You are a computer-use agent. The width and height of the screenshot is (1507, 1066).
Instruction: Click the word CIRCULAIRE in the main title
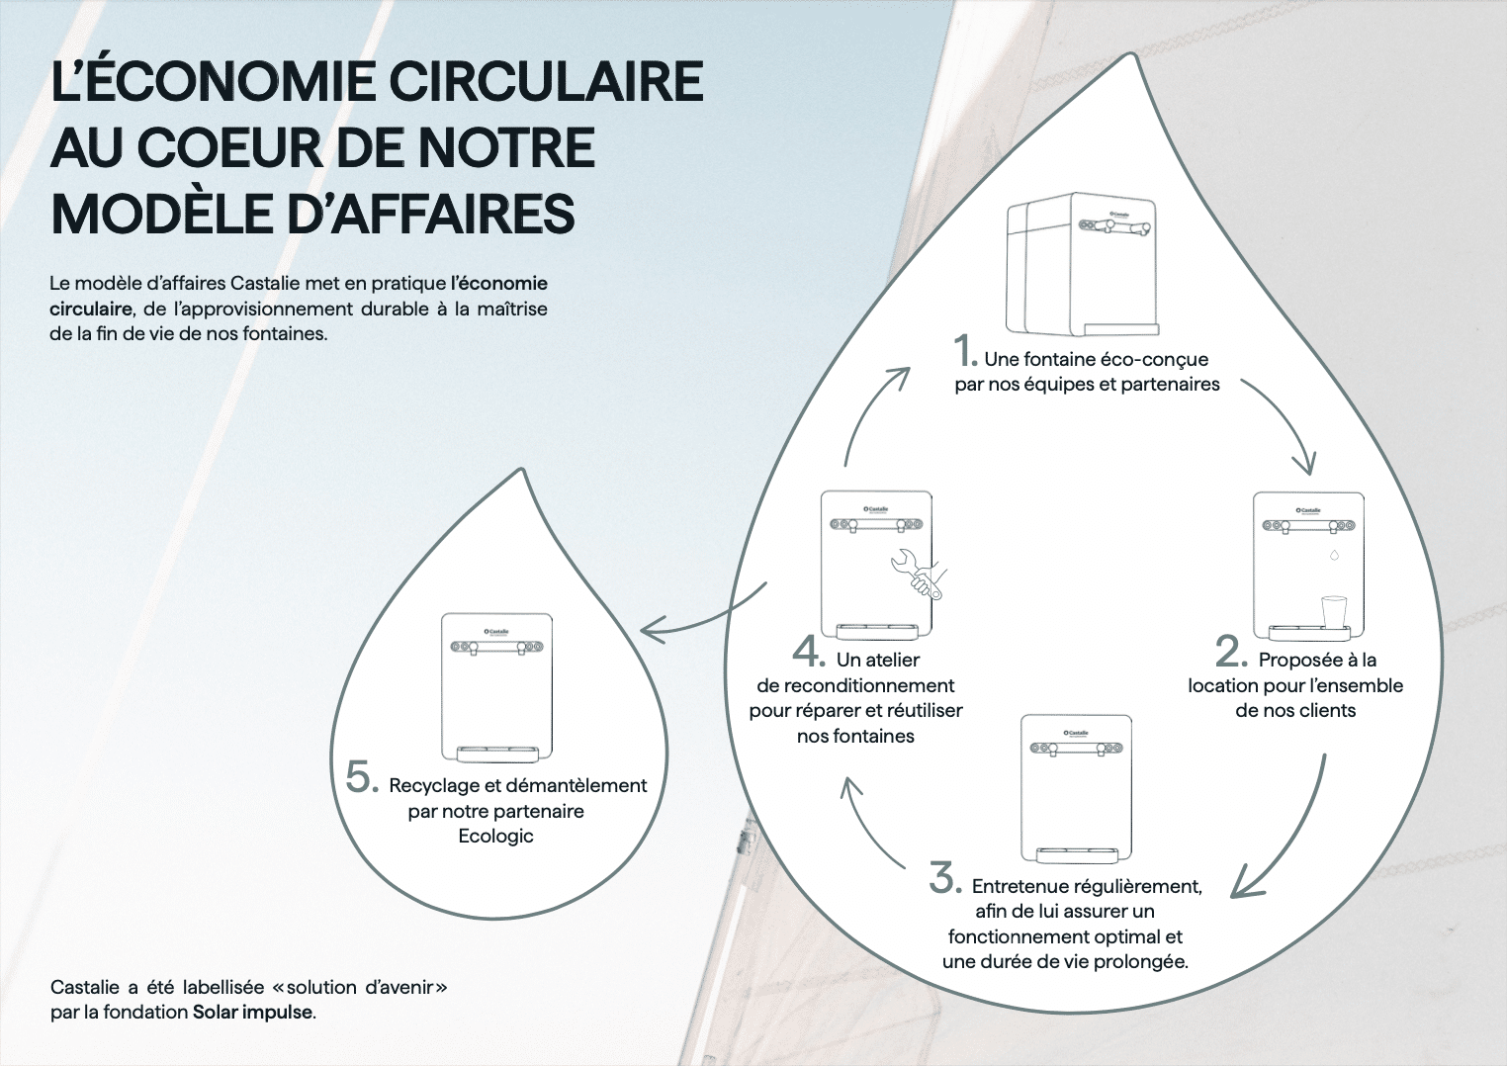click(540, 81)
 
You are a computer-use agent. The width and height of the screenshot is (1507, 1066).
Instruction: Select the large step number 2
click(1230, 652)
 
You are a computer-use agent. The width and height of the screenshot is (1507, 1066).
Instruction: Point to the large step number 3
click(944, 878)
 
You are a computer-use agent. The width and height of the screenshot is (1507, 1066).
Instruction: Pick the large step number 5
click(362, 777)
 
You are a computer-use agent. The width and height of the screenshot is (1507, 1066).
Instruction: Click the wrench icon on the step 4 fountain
click(917, 574)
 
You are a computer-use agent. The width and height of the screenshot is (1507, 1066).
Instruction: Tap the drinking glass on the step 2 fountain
click(1332, 611)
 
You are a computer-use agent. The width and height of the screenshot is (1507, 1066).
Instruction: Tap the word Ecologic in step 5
click(495, 837)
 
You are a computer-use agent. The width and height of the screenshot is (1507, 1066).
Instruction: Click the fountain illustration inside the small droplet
click(496, 686)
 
